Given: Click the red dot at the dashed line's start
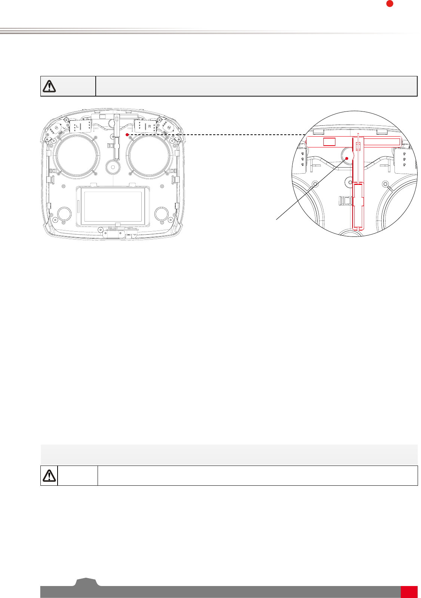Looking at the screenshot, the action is tap(127, 135).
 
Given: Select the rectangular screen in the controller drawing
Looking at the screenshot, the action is tap(113, 207).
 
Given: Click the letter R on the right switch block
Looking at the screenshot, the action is tap(150, 126).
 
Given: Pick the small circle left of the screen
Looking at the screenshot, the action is tap(64, 214).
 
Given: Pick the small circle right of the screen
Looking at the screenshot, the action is tap(162, 214).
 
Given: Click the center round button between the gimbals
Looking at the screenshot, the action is tap(113, 167).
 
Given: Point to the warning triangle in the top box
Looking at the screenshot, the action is tap(49, 86).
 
